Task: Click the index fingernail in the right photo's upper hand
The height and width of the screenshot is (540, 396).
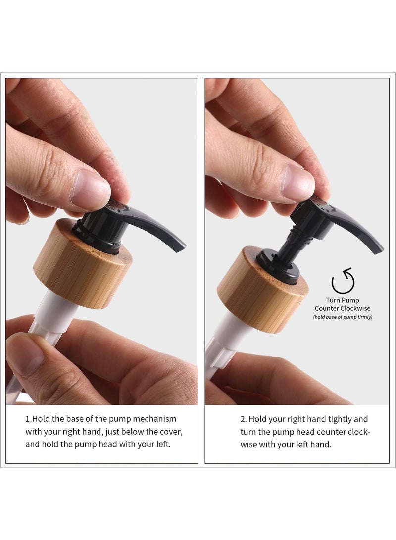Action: click(298, 181)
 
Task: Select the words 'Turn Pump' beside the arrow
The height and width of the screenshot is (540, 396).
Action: click(342, 300)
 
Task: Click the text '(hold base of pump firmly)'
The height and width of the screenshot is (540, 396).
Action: click(343, 317)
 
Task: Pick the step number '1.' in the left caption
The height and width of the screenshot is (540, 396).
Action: click(29, 419)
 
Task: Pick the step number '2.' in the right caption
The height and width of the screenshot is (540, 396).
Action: click(244, 419)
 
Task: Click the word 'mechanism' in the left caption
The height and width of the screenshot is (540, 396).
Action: click(154, 419)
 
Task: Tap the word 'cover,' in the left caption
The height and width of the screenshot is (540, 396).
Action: click(170, 432)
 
